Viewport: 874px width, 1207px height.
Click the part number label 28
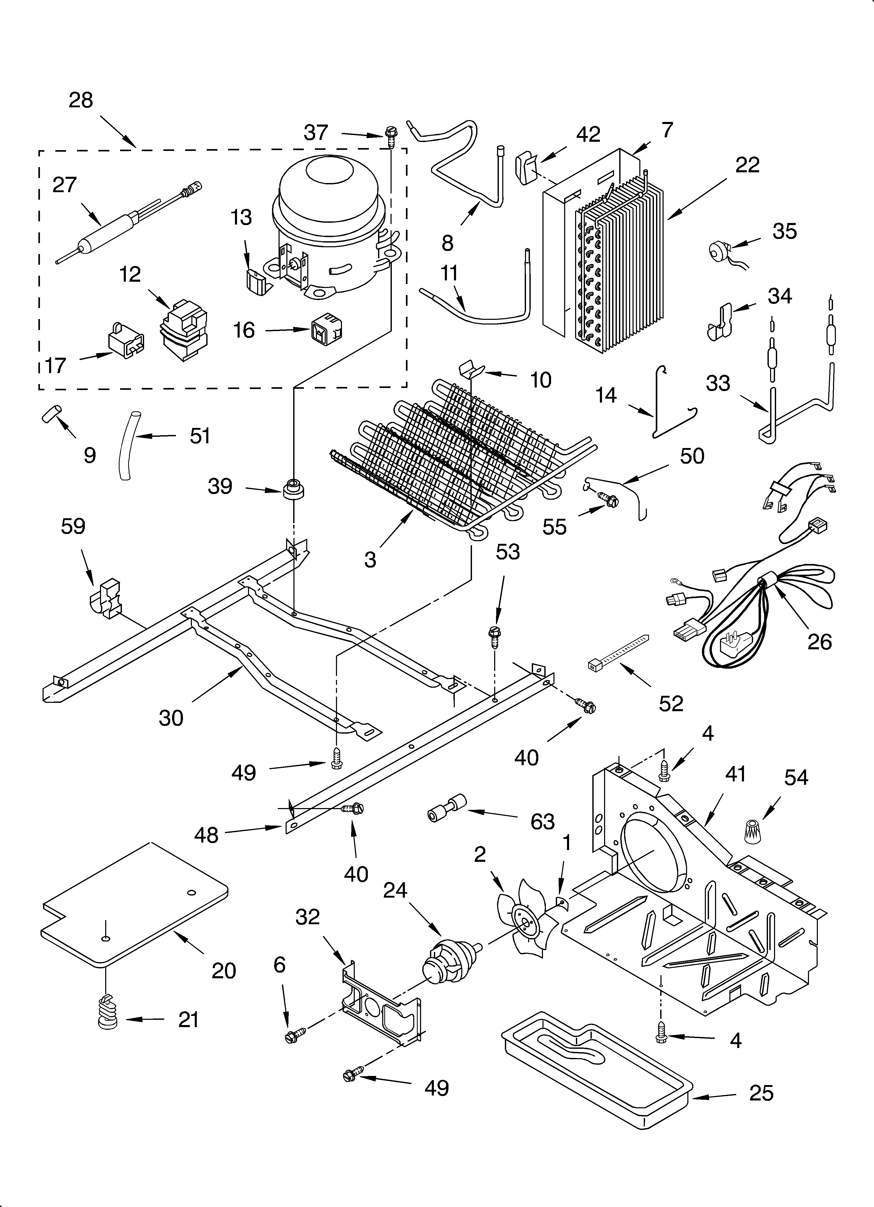click(x=81, y=100)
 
